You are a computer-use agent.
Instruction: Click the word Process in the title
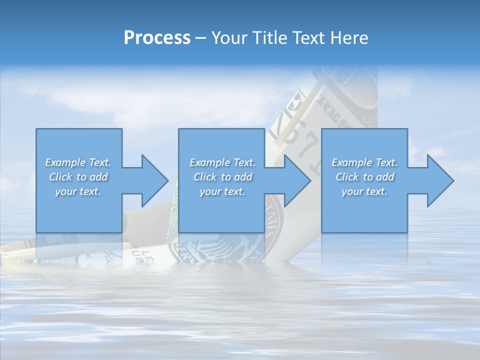pos(157,38)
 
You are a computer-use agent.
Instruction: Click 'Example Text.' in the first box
pos(78,162)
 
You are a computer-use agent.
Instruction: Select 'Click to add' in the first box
pos(78,177)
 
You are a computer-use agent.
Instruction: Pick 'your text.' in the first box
pos(78,191)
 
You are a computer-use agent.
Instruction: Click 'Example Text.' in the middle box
pos(222,162)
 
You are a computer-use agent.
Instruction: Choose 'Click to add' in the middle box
pos(222,177)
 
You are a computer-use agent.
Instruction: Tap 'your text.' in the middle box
pos(222,191)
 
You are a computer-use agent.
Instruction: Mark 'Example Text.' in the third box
pos(364,162)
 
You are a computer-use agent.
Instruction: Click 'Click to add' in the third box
pos(364,177)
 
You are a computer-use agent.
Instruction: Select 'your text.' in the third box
pos(364,191)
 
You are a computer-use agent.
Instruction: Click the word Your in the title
pos(227,38)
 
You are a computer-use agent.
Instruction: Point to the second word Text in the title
pos(308,38)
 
